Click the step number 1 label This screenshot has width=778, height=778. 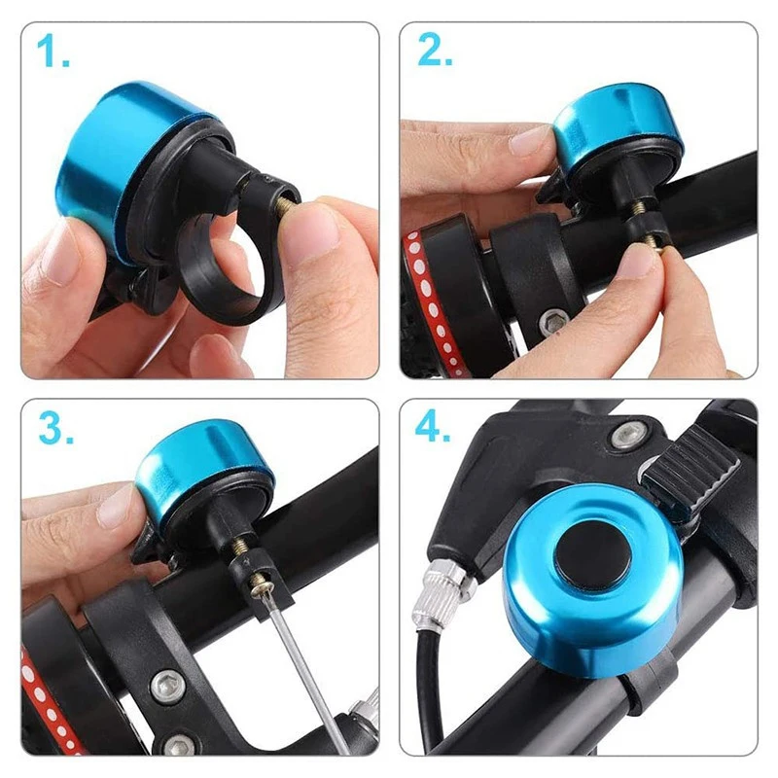(53, 52)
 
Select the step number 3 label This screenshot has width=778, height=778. (55, 427)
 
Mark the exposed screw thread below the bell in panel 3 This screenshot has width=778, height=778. (242, 546)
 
